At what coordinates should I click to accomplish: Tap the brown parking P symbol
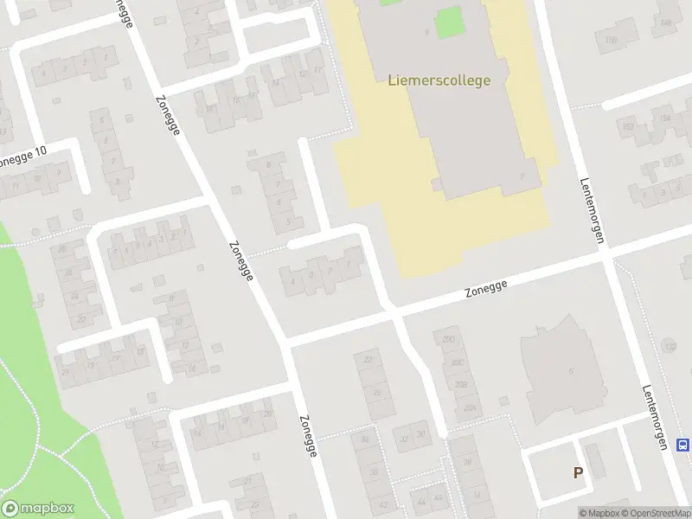(578, 472)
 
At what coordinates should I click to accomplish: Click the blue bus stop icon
(682, 445)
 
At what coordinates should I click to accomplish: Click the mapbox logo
(38, 509)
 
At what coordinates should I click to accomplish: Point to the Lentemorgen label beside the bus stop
(655, 417)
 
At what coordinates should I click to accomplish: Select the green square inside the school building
(447, 22)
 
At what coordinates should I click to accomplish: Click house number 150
(612, 40)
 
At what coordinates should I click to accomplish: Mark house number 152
(628, 128)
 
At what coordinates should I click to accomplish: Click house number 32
(404, 437)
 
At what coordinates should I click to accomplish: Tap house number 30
(421, 434)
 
